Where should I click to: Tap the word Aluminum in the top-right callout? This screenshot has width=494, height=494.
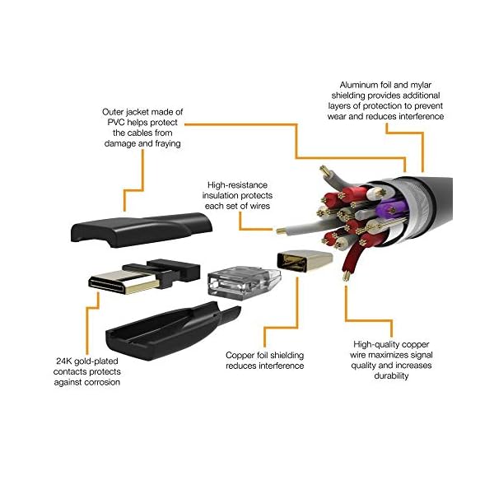pos(361,84)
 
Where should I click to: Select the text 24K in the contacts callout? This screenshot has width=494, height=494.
pos(65,361)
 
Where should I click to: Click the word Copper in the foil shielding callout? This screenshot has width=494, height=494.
pos(242,356)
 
